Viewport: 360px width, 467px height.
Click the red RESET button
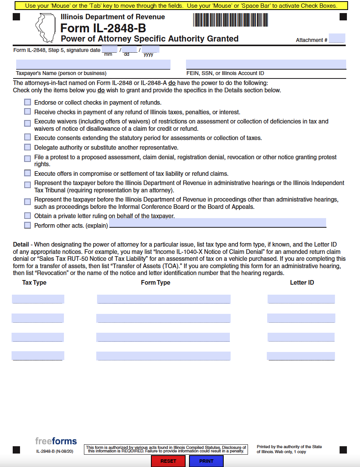coord(168,461)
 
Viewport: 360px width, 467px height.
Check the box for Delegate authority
coord(27,147)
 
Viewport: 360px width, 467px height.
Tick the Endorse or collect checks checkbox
coord(27,102)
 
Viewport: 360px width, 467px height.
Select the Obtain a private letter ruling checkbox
coord(27,215)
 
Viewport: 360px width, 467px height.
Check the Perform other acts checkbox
coord(27,225)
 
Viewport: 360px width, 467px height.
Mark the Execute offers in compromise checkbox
coord(27,173)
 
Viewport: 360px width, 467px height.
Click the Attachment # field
coord(337,38)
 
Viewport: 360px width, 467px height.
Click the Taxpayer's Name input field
coord(93,64)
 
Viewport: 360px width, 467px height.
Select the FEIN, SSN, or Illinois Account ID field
coord(266,64)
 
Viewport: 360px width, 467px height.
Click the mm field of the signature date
coord(109,49)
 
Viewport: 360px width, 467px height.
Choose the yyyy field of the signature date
coord(150,49)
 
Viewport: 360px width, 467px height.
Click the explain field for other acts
coord(218,223)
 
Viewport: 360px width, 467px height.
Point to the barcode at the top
coord(231,20)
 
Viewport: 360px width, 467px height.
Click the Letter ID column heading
coord(302,282)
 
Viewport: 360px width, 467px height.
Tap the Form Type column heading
coord(156,282)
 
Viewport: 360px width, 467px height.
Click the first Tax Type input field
coord(38,299)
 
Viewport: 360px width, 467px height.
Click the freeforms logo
coord(56,441)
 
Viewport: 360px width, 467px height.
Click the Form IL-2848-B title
coord(103,28)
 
